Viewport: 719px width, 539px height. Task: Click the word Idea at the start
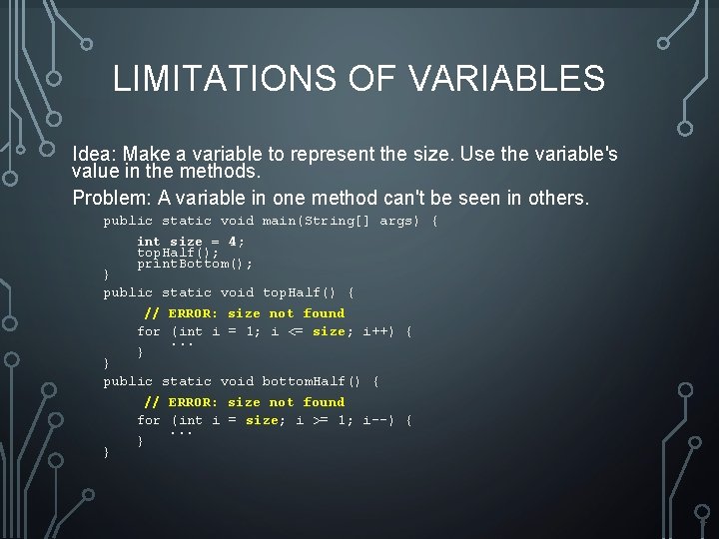(x=91, y=155)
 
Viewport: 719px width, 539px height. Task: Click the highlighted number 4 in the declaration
(x=233, y=242)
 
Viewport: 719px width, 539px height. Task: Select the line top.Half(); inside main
(x=178, y=253)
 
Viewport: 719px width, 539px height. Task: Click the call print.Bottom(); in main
(x=195, y=264)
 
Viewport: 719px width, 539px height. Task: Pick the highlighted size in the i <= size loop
(x=329, y=331)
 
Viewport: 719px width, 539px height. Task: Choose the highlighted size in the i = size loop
(x=262, y=420)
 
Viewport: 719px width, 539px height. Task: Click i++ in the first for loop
(x=377, y=331)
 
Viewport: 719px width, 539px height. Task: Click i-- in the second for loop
(x=377, y=420)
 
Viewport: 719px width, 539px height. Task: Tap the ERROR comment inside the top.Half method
(x=245, y=313)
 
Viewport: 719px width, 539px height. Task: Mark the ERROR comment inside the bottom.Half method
(x=245, y=402)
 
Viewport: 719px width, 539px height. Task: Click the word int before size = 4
(x=148, y=242)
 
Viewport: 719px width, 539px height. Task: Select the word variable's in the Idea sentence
(x=580, y=155)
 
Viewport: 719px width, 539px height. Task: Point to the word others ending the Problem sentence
(x=560, y=198)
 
